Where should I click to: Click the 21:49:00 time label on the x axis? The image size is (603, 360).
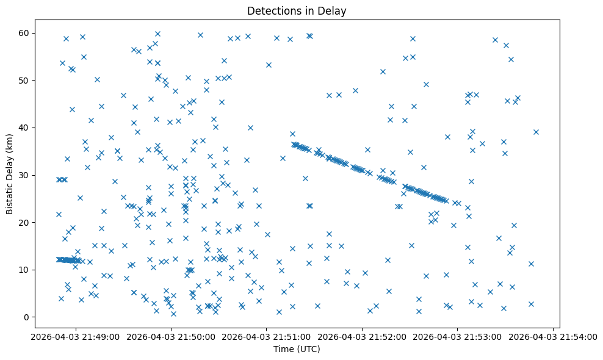(x=76, y=336)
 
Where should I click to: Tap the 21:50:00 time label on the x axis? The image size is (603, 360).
(x=171, y=336)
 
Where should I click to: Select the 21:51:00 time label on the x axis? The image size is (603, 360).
(x=267, y=336)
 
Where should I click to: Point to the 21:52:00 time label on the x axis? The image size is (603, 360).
(x=363, y=336)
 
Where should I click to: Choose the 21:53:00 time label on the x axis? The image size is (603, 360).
(x=458, y=336)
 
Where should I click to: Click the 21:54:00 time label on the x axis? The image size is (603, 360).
(x=553, y=336)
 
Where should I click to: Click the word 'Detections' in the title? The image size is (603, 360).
(x=270, y=10)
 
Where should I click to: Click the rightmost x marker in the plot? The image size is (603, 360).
(x=536, y=132)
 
